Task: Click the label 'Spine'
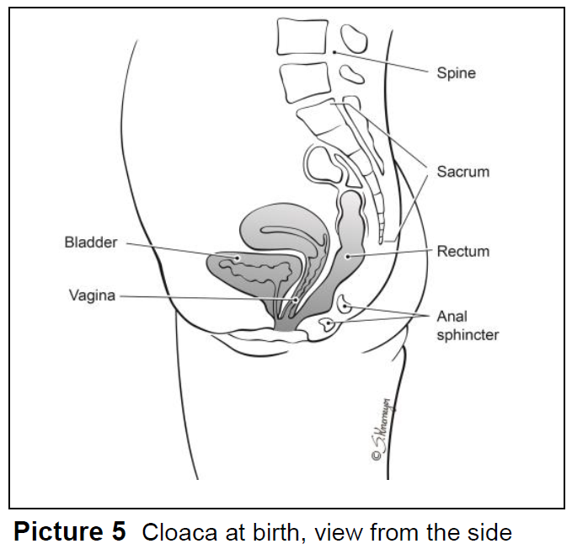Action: pyautogui.click(x=456, y=73)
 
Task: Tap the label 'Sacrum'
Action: pyautogui.click(x=462, y=172)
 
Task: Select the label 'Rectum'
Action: pyautogui.click(x=462, y=251)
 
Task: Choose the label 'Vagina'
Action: pyautogui.click(x=92, y=296)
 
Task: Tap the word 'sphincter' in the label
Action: pyautogui.click(x=468, y=334)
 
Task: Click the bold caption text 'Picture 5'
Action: pyautogui.click(x=69, y=531)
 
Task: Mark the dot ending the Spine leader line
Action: pyautogui.click(x=334, y=53)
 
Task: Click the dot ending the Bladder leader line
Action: pyautogui.click(x=238, y=258)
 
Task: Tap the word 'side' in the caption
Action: pyautogui.click(x=491, y=532)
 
